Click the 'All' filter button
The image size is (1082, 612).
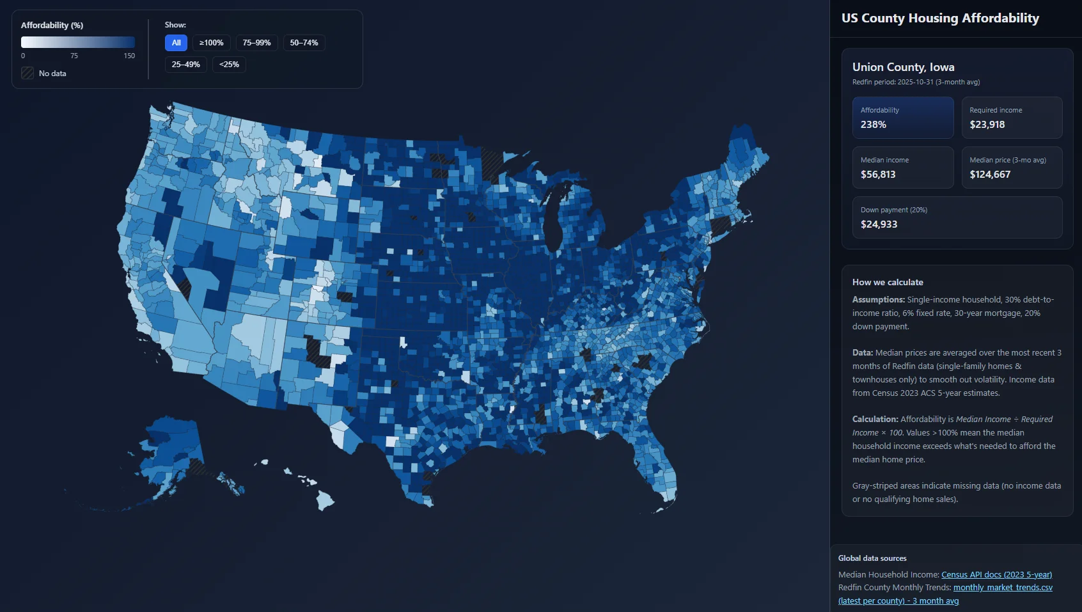tap(176, 43)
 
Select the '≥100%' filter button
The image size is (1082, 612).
tap(211, 43)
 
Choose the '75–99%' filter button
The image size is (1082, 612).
tap(256, 43)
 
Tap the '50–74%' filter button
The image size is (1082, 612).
tap(304, 43)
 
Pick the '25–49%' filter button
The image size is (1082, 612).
tap(185, 65)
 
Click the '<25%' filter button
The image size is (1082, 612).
tap(229, 65)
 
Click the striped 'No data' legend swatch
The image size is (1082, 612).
tap(27, 74)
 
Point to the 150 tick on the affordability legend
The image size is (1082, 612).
tap(129, 56)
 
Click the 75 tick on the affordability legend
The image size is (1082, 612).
tap(74, 56)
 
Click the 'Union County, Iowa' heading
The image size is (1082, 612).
tap(903, 67)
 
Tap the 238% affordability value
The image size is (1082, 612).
tap(873, 125)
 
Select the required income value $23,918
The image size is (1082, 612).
tap(987, 125)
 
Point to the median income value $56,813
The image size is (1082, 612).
tap(878, 175)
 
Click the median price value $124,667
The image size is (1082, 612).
tap(990, 175)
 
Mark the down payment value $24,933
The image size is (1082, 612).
tap(879, 224)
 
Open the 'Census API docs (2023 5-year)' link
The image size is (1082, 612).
tap(996, 575)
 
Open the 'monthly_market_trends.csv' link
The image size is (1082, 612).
tap(1003, 588)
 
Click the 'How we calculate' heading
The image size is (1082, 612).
tap(888, 283)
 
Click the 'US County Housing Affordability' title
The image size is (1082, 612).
tap(940, 19)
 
